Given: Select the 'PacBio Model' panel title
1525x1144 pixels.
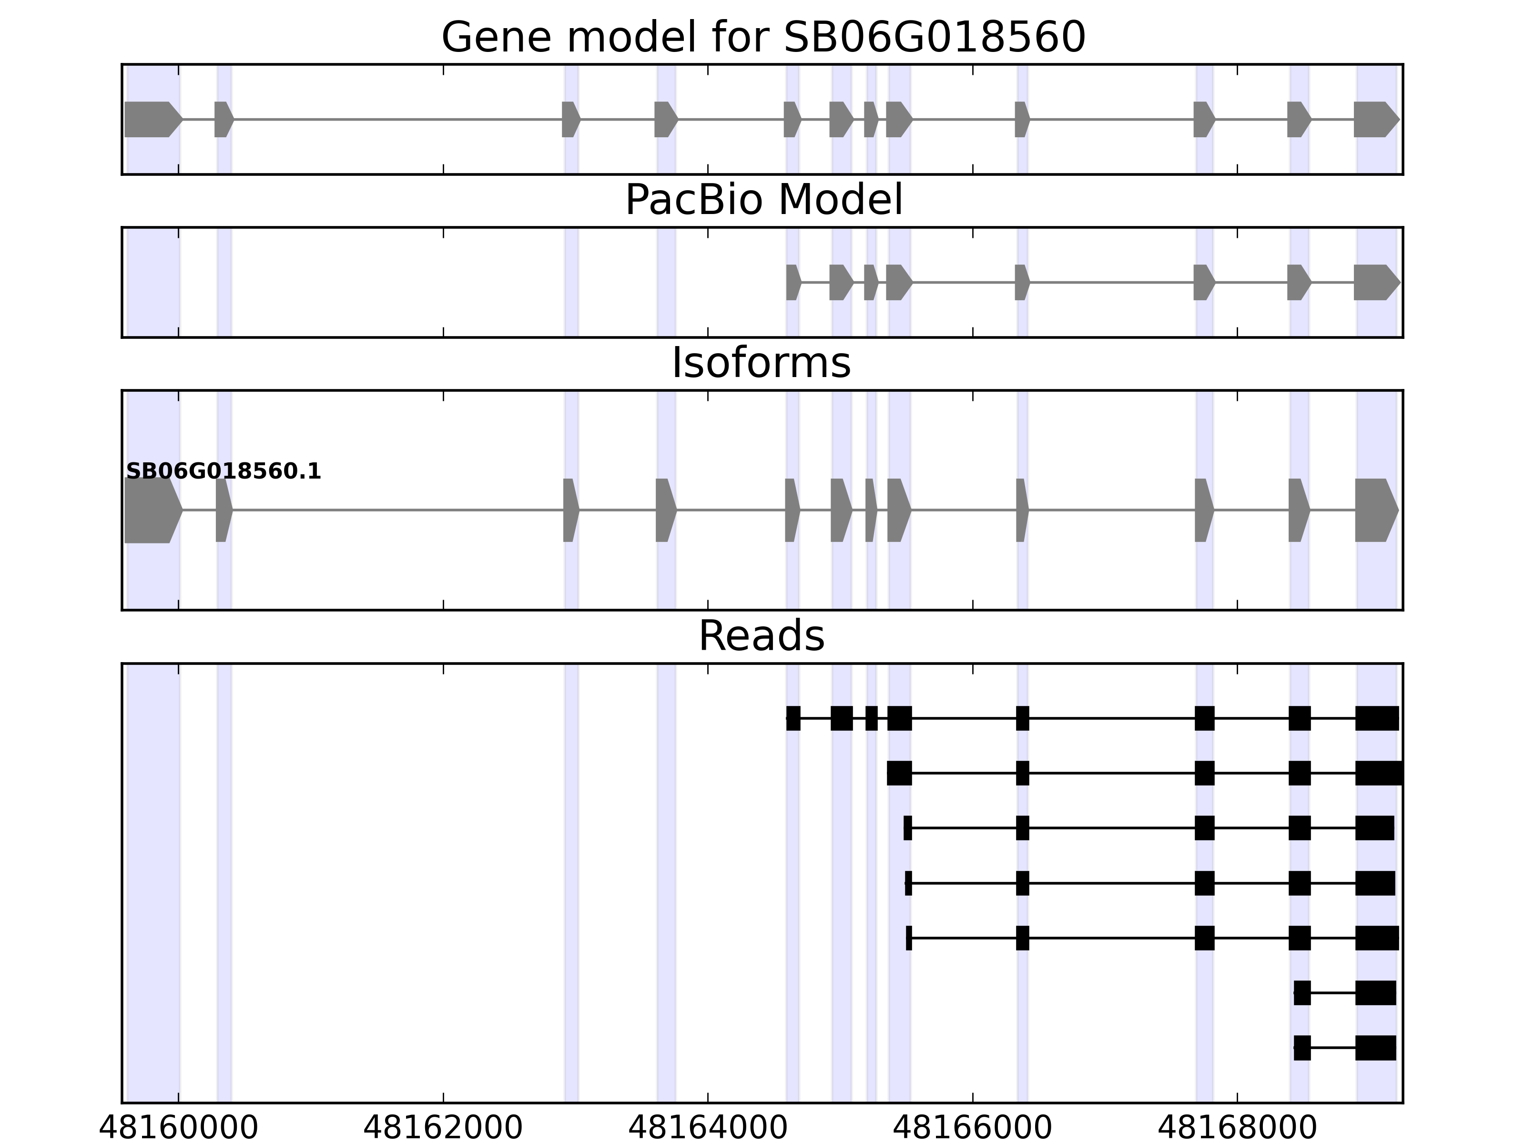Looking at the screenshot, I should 763,200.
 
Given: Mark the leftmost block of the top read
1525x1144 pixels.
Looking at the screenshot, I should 793,718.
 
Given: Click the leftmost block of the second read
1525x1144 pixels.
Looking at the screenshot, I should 899,773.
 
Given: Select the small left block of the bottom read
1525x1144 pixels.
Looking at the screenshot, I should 1301,1048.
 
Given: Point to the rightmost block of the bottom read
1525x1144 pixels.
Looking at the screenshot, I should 1375,1048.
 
